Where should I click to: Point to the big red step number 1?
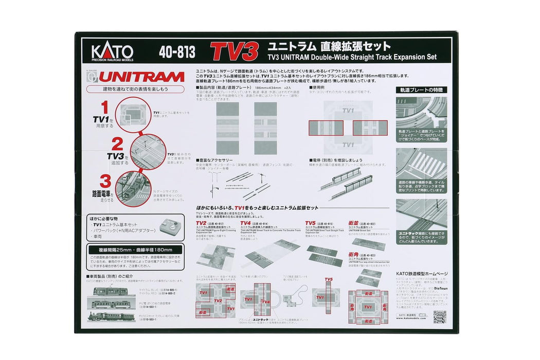pos(104,107)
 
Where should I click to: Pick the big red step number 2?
pos(117,144)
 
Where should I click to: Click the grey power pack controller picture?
pos(169,226)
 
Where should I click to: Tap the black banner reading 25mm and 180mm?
pos(135,249)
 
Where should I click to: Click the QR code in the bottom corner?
pos(439,317)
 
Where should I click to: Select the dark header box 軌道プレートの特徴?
pos(421,90)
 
